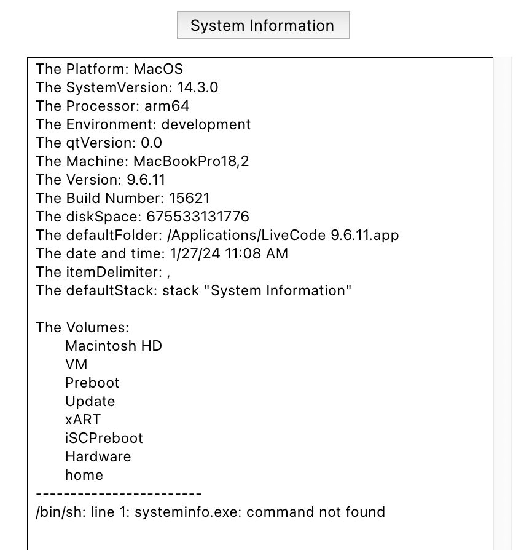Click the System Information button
(263, 25)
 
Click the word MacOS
(158, 69)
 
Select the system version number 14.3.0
(198, 87)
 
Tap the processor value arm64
(166, 106)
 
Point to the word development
(206, 125)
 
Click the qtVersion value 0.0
(151, 143)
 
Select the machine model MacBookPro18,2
(191, 161)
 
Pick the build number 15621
(189, 198)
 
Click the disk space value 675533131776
(198, 217)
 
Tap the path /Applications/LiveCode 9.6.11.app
(283, 236)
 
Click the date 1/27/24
(195, 253)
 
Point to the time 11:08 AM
(256, 253)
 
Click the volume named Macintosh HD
(114, 346)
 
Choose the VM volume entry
(76, 364)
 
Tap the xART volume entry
(83, 420)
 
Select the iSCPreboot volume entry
(104, 438)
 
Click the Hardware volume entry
(98, 456)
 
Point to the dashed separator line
(119, 493)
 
